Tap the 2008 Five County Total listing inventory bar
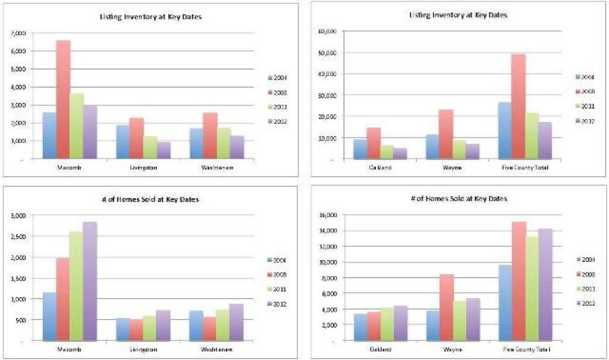point(518,107)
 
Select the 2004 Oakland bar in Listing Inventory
point(360,149)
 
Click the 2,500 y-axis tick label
point(18,236)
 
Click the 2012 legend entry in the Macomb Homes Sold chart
point(280,303)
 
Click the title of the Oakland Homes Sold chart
point(458,199)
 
